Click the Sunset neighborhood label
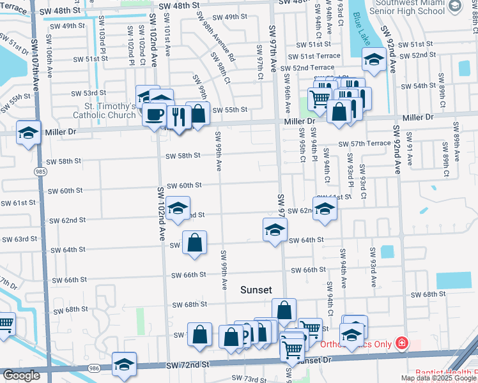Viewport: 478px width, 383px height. pyautogui.click(x=256, y=290)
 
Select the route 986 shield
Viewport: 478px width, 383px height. pyautogui.click(x=95, y=369)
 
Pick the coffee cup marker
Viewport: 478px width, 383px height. pyautogui.click(x=154, y=115)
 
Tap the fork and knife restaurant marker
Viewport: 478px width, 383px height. pyautogui.click(x=178, y=117)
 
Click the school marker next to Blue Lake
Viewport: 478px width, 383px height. pyautogui.click(x=373, y=61)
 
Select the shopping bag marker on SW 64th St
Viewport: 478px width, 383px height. pyautogui.click(x=194, y=243)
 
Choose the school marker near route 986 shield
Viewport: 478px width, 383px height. pyautogui.click(x=124, y=364)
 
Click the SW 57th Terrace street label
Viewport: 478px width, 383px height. pyautogui.click(x=364, y=144)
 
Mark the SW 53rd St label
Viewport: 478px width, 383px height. pyautogui.click(x=89, y=93)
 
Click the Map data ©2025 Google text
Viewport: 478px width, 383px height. pyautogui.click(x=438, y=378)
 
